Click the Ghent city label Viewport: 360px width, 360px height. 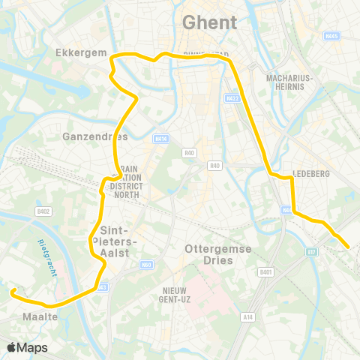pyautogui.click(x=211, y=23)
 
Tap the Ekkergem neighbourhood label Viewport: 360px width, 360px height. pyautogui.click(x=77, y=53)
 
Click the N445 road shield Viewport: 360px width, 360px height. pyautogui.click(x=333, y=35)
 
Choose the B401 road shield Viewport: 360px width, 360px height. pyautogui.click(x=265, y=272)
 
